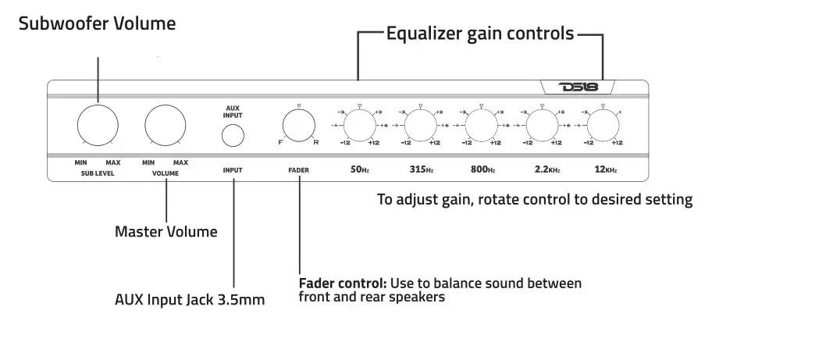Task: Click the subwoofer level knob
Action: (98, 124)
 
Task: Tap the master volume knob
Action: (166, 124)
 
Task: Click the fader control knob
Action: (298, 125)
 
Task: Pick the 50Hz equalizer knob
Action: (359, 124)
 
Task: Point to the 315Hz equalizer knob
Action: (420, 124)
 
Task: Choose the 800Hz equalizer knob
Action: (481, 124)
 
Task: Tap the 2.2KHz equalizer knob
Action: (542, 124)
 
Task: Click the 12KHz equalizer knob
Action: (603, 124)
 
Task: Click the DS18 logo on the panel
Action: (578, 87)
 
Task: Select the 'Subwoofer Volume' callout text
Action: (98, 23)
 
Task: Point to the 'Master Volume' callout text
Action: (166, 232)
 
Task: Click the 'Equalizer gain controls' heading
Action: (480, 34)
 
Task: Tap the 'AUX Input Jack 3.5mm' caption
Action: (190, 300)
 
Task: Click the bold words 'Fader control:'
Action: (343, 283)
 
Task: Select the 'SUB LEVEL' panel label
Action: (98, 173)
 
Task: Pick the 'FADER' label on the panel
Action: (298, 169)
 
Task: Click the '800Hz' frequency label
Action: (483, 169)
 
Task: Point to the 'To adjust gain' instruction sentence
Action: (535, 200)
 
